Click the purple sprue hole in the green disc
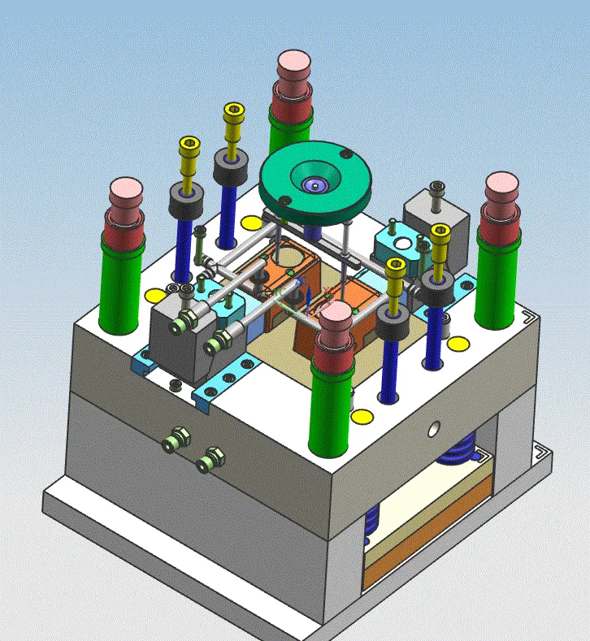pyautogui.click(x=313, y=185)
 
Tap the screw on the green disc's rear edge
pyautogui.click(x=345, y=154)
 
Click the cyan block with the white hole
pyautogui.click(x=397, y=243)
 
